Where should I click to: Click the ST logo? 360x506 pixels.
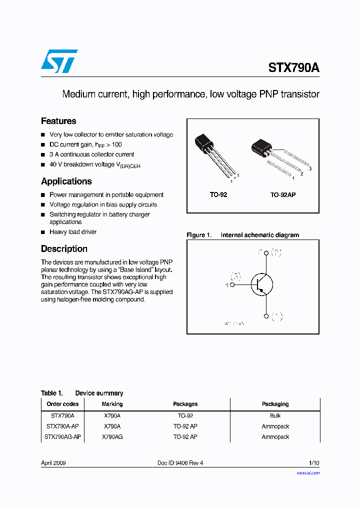[x=59, y=61]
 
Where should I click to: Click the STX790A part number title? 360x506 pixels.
[x=293, y=67]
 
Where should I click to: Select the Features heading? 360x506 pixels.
[x=58, y=121]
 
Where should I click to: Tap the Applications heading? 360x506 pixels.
[x=66, y=181]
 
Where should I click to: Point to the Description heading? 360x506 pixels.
[x=64, y=249]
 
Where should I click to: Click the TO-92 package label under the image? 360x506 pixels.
[x=218, y=194]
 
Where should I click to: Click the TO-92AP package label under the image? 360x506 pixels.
[x=283, y=194]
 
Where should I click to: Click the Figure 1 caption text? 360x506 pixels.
[x=242, y=235]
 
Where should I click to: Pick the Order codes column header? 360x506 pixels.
[x=62, y=404]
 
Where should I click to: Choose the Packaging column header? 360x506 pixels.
[x=275, y=404]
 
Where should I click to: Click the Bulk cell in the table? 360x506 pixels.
[x=275, y=415]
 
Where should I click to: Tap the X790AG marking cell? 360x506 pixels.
[x=112, y=436]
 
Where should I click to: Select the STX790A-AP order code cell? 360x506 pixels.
[x=62, y=426]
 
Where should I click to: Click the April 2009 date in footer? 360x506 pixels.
[x=53, y=463]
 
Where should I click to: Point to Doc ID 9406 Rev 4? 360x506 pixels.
[x=180, y=463]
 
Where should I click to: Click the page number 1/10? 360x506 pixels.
[x=314, y=463]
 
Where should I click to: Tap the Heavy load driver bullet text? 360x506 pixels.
[x=73, y=232]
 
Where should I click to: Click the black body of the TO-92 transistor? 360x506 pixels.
[x=204, y=141]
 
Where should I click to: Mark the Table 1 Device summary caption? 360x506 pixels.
[x=82, y=393]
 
